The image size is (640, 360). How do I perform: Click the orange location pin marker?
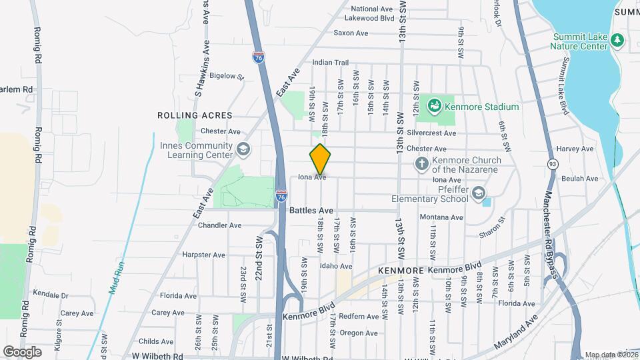[x=320, y=160]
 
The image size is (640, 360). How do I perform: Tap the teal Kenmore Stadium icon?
[x=435, y=105]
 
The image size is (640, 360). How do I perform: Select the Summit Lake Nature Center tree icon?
[x=617, y=41]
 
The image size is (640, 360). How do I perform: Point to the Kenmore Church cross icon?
[x=421, y=163]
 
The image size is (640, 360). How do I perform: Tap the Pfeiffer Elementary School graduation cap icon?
[x=478, y=193]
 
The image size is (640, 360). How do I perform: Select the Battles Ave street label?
[x=311, y=211]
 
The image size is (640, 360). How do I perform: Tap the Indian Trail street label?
[x=331, y=63]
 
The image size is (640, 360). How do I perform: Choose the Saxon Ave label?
[x=351, y=33]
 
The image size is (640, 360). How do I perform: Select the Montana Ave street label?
[x=441, y=217]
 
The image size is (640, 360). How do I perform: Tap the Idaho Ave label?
[x=336, y=267]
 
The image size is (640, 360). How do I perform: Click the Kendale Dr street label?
[x=51, y=295]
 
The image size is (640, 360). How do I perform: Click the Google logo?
[x=22, y=351]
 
